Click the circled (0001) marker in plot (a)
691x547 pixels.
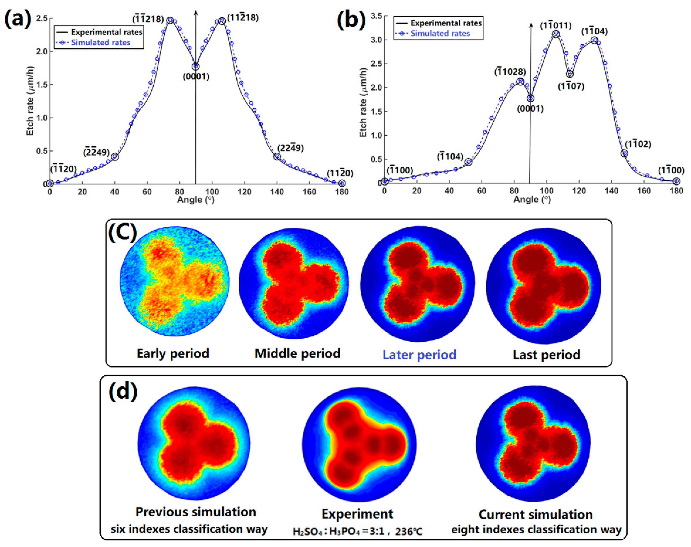[195, 67]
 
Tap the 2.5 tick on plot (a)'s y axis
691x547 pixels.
[42, 18]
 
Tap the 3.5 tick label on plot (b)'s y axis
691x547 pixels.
[376, 16]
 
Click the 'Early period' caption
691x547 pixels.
[173, 353]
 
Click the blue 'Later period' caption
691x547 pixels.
[419, 355]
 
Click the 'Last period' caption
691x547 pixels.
[546, 355]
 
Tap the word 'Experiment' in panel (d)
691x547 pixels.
[357, 514]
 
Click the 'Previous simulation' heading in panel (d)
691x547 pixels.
[195, 512]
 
